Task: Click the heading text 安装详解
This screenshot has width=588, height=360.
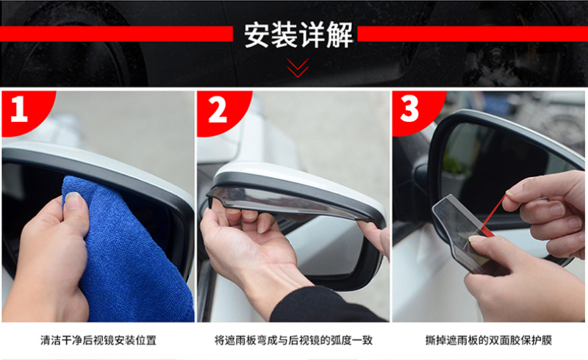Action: [x=298, y=35]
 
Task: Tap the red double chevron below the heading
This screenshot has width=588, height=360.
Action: [x=298, y=68]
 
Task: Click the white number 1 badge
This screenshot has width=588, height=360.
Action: [x=19, y=109]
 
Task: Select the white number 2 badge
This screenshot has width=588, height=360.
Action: [x=218, y=109]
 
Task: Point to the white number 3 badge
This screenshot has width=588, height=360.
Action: [x=409, y=109]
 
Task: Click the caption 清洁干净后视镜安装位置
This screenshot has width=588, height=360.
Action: [x=98, y=340]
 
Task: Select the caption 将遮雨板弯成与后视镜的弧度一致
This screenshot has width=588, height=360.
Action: [x=293, y=340]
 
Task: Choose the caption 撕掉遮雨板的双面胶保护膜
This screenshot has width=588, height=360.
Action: [x=489, y=340]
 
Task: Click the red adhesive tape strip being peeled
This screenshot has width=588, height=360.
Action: [x=492, y=215]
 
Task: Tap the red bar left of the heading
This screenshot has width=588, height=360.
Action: [x=116, y=34]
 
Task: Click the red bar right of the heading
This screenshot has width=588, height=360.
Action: [x=473, y=34]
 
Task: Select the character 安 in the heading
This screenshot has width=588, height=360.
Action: [x=257, y=35]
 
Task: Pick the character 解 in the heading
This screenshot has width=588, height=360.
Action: [x=340, y=35]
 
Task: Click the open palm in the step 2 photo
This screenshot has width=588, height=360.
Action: [x=251, y=244]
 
